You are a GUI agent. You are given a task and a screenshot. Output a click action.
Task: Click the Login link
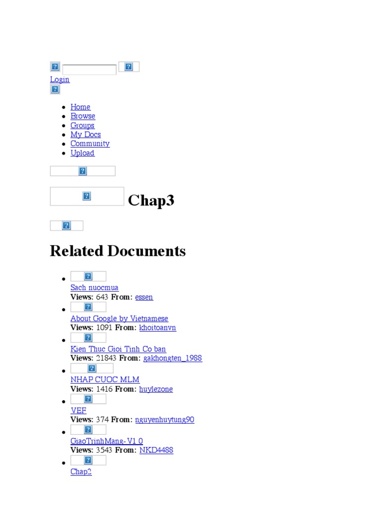pos(59,79)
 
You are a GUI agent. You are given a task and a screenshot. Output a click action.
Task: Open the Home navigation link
pos(80,107)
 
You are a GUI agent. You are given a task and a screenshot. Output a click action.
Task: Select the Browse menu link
pos(83,116)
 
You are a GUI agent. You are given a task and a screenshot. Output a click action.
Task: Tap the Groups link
pos(82,125)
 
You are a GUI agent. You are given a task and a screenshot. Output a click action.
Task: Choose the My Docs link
pos(86,134)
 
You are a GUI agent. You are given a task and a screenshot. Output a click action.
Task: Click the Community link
pos(90,144)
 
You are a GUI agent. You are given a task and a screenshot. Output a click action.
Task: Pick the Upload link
pos(82,153)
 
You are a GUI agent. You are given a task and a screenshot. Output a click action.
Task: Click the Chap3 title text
pos(151,201)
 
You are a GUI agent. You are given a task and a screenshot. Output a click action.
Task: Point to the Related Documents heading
pos(118,251)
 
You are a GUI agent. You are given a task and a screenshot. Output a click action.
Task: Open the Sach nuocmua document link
pos(95,287)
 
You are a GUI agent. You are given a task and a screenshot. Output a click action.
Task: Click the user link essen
pos(144,297)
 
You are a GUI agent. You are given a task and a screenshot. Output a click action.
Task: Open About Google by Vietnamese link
pos(119,318)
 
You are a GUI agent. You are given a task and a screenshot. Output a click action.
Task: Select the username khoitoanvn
pos(157,328)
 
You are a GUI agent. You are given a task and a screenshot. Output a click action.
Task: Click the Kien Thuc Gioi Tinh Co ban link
pos(118,349)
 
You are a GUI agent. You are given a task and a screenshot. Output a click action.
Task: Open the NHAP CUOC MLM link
pos(105,380)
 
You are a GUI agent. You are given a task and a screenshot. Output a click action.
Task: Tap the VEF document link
pos(78,410)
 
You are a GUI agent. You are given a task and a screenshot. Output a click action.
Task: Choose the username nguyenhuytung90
pos(165,420)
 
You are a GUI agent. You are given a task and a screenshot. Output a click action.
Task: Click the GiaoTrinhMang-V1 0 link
pos(107,441)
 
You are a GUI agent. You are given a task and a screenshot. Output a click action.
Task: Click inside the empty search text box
pos(90,69)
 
